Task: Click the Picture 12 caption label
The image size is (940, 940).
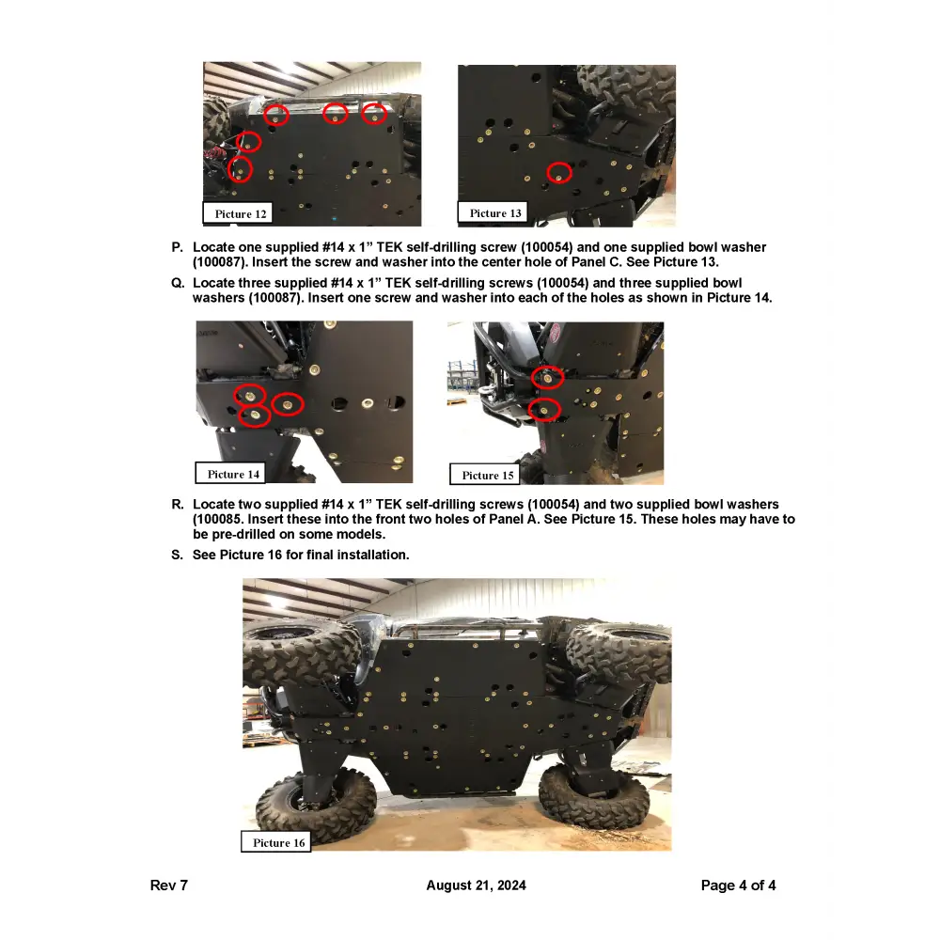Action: (x=241, y=214)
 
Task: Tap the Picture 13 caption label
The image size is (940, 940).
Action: (x=495, y=213)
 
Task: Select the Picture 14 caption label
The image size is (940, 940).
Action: (x=233, y=474)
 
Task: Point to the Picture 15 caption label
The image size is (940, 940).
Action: (x=488, y=475)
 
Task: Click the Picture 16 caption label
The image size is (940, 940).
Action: (x=278, y=842)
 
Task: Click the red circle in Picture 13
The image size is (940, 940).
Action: (x=559, y=172)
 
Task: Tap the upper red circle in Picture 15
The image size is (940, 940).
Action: (x=547, y=378)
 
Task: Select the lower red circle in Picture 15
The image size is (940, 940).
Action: (x=544, y=410)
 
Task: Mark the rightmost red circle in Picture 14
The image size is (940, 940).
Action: (x=288, y=405)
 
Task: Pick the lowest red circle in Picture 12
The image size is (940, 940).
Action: (x=241, y=170)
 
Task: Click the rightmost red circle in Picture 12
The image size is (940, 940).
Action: (x=374, y=114)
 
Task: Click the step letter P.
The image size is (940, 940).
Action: (x=177, y=247)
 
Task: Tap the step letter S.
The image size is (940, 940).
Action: (x=177, y=556)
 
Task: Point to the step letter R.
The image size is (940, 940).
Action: (x=177, y=505)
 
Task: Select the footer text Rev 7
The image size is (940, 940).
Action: (x=169, y=885)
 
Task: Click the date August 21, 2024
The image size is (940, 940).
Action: (x=476, y=885)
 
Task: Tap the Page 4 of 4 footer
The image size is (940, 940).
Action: (x=738, y=885)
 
